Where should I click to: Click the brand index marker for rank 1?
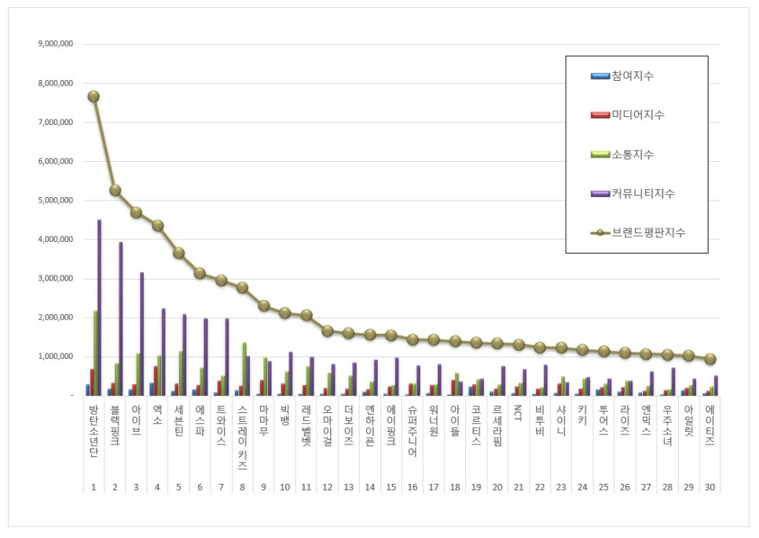[x=93, y=96]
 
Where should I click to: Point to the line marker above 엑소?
[x=157, y=225]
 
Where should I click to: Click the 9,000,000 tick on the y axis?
[x=55, y=44]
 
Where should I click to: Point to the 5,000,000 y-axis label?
[x=55, y=200]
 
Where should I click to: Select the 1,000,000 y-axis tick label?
[x=55, y=357]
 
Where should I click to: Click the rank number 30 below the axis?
[x=710, y=487]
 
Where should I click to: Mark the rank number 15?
[x=390, y=487]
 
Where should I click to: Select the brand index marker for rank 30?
[x=710, y=359]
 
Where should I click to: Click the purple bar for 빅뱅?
[x=291, y=374]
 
